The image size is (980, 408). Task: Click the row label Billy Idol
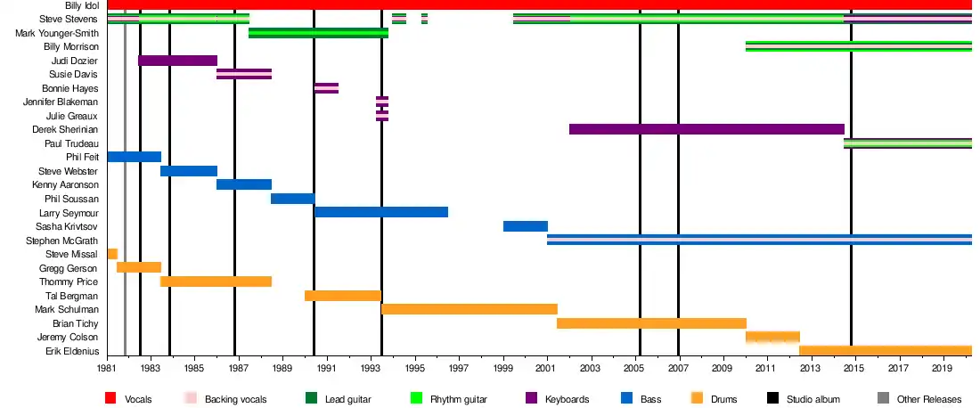(x=82, y=5)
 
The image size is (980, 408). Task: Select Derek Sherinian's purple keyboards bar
(x=706, y=129)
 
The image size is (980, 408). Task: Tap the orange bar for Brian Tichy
(x=651, y=323)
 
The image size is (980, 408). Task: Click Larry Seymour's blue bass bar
(x=381, y=212)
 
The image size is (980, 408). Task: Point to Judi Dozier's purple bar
(x=178, y=61)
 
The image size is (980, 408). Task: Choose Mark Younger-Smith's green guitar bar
(x=318, y=33)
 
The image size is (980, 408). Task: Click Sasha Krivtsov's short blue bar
(x=526, y=226)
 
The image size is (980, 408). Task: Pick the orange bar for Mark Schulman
(x=470, y=309)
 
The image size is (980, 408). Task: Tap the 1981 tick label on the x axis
(x=108, y=367)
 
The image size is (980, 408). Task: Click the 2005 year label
(x=634, y=367)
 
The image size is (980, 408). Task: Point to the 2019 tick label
(x=941, y=367)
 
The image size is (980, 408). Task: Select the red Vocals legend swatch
(x=111, y=398)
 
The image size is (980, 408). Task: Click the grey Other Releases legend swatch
(x=883, y=398)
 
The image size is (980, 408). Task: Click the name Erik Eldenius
(x=72, y=351)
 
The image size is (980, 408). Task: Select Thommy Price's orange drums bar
(x=216, y=282)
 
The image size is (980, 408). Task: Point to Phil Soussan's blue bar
(x=292, y=199)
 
